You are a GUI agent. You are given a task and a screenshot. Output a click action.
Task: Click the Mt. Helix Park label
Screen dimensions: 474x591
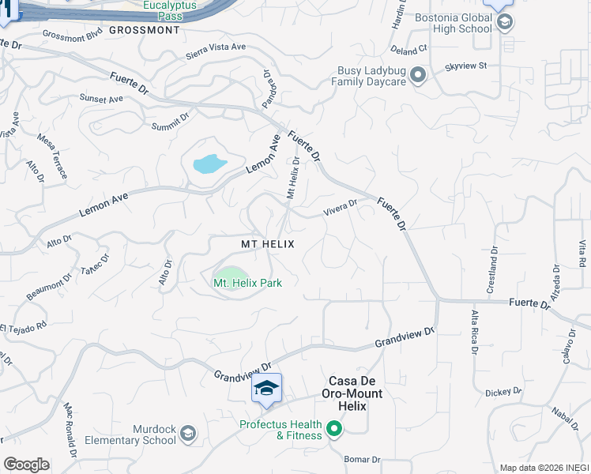[247, 282]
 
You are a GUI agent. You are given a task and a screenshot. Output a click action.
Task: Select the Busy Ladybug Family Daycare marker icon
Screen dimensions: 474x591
[418, 75]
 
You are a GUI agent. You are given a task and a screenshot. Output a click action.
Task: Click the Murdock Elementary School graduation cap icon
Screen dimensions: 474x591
[188, 434]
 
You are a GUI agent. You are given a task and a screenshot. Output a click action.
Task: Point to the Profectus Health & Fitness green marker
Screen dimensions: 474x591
[333, 430]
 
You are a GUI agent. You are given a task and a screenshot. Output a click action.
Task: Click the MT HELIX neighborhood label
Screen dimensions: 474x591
[267, 245]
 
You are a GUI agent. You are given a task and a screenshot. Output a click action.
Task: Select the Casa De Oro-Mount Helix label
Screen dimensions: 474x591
[351, 399]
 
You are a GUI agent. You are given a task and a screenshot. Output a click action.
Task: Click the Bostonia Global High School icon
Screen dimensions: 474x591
[504, 23]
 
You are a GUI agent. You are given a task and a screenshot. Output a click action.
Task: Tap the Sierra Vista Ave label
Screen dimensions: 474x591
[216, 48]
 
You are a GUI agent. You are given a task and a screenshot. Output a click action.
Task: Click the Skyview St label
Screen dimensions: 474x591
[466, 68]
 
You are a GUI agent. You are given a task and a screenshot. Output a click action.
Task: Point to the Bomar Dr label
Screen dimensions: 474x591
[363, 459]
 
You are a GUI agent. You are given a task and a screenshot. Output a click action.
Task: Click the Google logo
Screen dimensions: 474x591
[26, 465]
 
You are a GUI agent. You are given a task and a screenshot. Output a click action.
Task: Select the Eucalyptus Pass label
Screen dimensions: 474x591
[169, 9]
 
